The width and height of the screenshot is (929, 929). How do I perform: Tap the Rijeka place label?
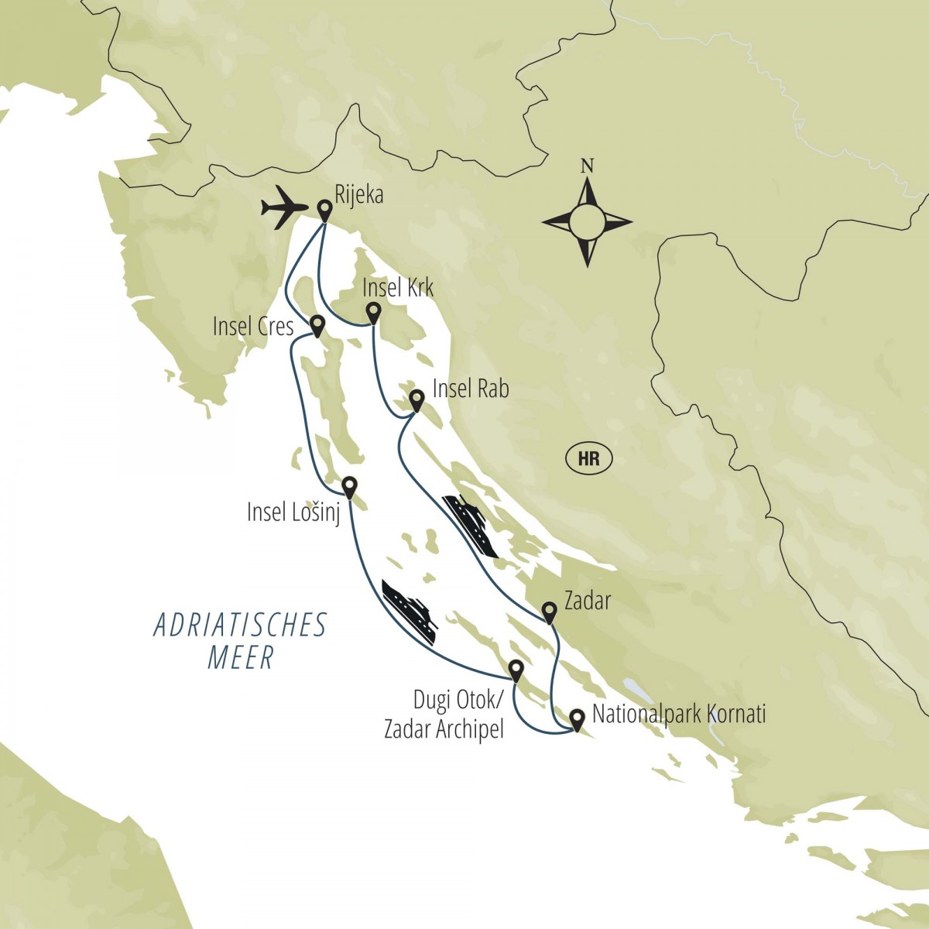point(360,196)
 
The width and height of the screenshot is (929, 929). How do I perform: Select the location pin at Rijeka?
point(325,209)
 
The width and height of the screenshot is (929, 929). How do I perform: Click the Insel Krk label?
point(398,289)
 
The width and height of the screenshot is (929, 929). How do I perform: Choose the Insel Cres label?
point(253,327)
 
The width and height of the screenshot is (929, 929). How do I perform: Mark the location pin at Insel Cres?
point(317,324)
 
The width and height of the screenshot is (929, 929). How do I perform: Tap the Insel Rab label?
point(471,388)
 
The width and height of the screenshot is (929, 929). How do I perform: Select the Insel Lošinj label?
point(293,512)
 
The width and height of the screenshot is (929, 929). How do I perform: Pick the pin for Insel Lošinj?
point(349,485)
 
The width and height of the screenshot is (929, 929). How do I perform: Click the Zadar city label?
point(588,600)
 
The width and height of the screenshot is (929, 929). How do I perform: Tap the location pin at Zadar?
point(549,612)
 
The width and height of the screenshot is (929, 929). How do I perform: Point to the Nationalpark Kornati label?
point(678,714)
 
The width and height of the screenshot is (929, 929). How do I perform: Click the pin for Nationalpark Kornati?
point(577,719)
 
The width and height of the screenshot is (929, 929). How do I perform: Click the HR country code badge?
point(589,458)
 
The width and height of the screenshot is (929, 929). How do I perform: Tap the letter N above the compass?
point(588,166)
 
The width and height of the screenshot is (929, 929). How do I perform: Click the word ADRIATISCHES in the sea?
point(241,626)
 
